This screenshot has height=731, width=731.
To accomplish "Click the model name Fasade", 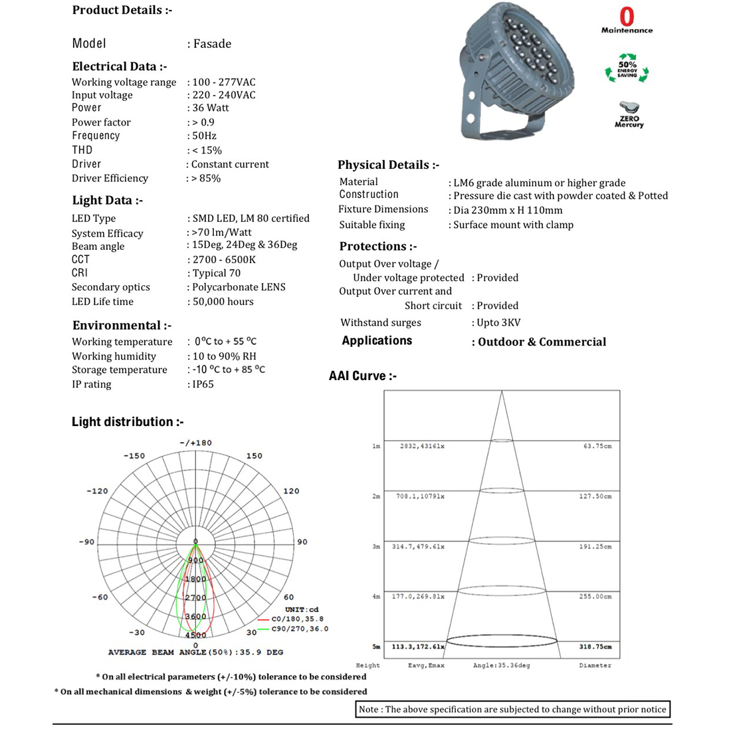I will tap(212, 44).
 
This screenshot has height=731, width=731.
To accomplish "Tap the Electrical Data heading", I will tap(120, 66).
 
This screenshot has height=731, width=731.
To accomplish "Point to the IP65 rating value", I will tap(203, 384).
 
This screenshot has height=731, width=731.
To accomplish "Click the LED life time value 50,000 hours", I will tap(223, 302).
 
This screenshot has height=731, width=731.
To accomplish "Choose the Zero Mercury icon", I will tap(629, 114).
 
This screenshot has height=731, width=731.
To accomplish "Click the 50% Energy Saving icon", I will tap(627, 68).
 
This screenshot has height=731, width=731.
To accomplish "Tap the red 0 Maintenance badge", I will tap(627, 20).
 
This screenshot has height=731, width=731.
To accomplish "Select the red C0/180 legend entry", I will tap(296, 619).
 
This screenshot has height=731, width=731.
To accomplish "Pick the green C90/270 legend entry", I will tap(299, 629).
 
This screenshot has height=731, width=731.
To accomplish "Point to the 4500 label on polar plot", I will tap(195, 635).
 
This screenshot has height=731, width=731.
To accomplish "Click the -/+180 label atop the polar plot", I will tap(195, 443).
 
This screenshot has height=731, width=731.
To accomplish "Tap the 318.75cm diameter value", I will tap(595, 647).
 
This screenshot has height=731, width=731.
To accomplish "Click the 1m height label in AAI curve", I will tap(376, 447).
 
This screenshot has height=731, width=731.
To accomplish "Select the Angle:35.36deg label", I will tap(501, 665).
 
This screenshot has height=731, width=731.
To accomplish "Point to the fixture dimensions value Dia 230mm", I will tap(508, 211).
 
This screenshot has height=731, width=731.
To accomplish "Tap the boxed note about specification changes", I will tap(512, 709).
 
